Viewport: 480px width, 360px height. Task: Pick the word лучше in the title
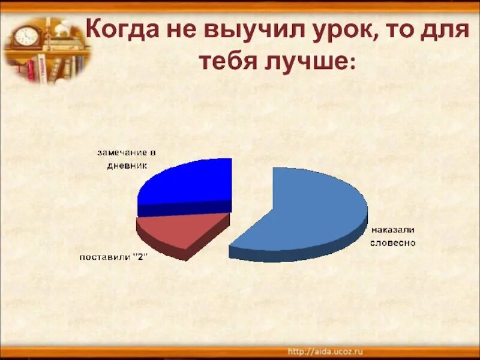pyautogui.click(x=304, y=62)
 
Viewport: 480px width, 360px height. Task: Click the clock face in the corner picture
pyautogui.click(x=26, y=37)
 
